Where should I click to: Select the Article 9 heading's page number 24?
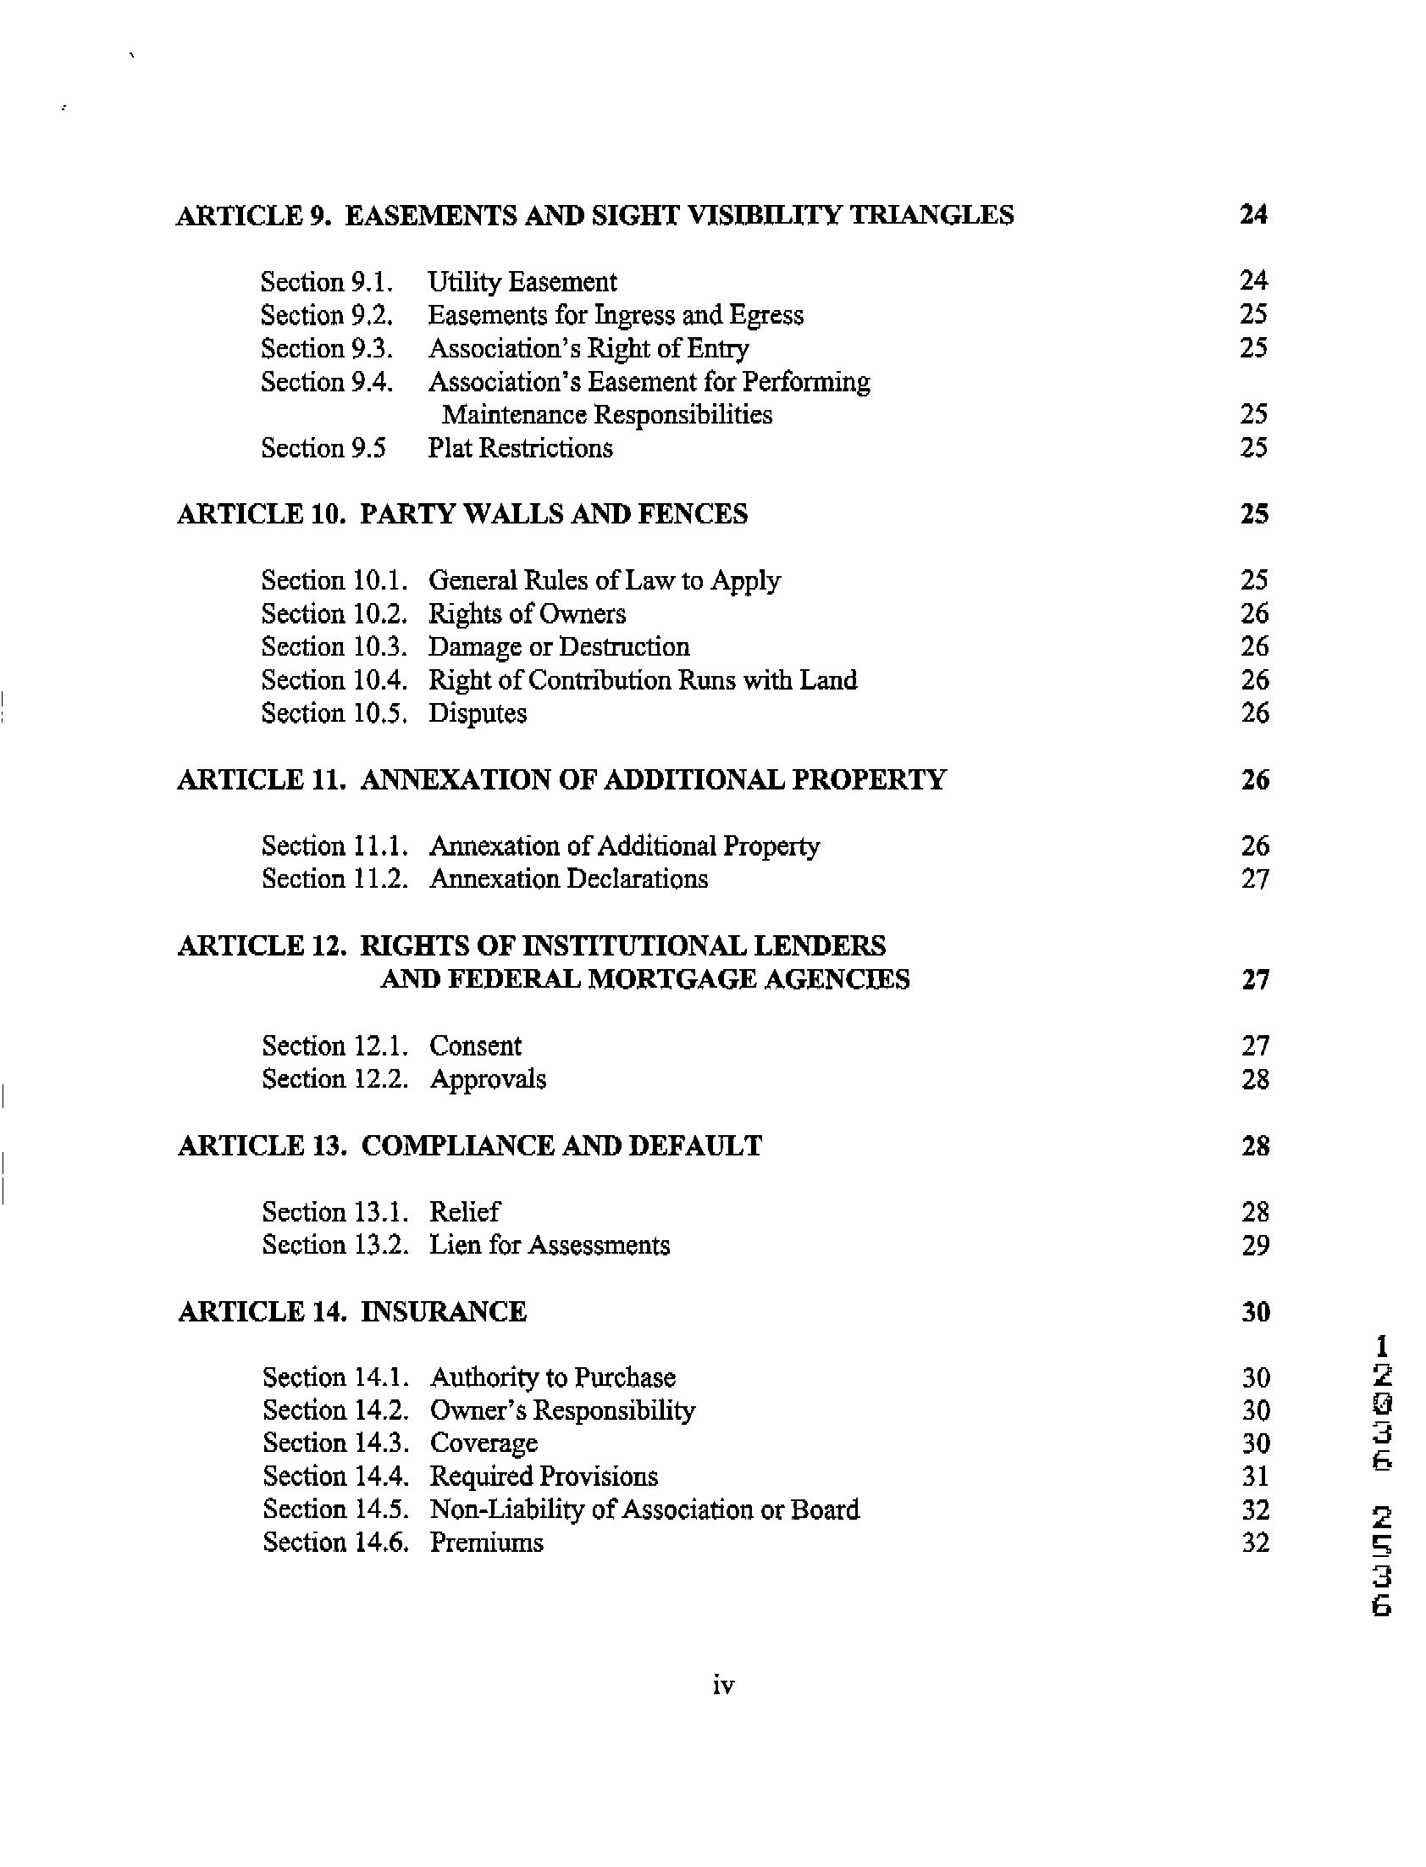pos(1253,215)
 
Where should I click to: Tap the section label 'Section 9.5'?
pos(323,448)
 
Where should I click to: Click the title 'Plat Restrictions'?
pos(519,448)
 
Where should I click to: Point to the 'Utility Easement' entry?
pos(522,282)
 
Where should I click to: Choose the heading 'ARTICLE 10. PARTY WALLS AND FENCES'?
pos(462,514)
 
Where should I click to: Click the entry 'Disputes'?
pos(477,713)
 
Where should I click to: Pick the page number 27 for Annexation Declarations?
pos(1255,878)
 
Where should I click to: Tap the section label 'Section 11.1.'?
pos(334,845)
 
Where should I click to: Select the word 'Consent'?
pos(475,1046)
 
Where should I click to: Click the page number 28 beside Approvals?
pos(1255,1079)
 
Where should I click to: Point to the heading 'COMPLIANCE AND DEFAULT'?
pos(561,1146)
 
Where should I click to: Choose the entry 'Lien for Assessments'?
pos(550,1245)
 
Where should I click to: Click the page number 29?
pos(1255,1245)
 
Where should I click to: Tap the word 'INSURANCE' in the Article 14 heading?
pos(444,1313)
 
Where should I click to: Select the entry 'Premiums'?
pos(486,1543)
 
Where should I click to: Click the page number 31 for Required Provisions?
pos(1255,1476)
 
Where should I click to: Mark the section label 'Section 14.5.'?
pos(335,1510)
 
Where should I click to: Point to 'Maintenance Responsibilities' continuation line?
pos(607,415)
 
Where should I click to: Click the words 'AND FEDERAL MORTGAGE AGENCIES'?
pos(645,980)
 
